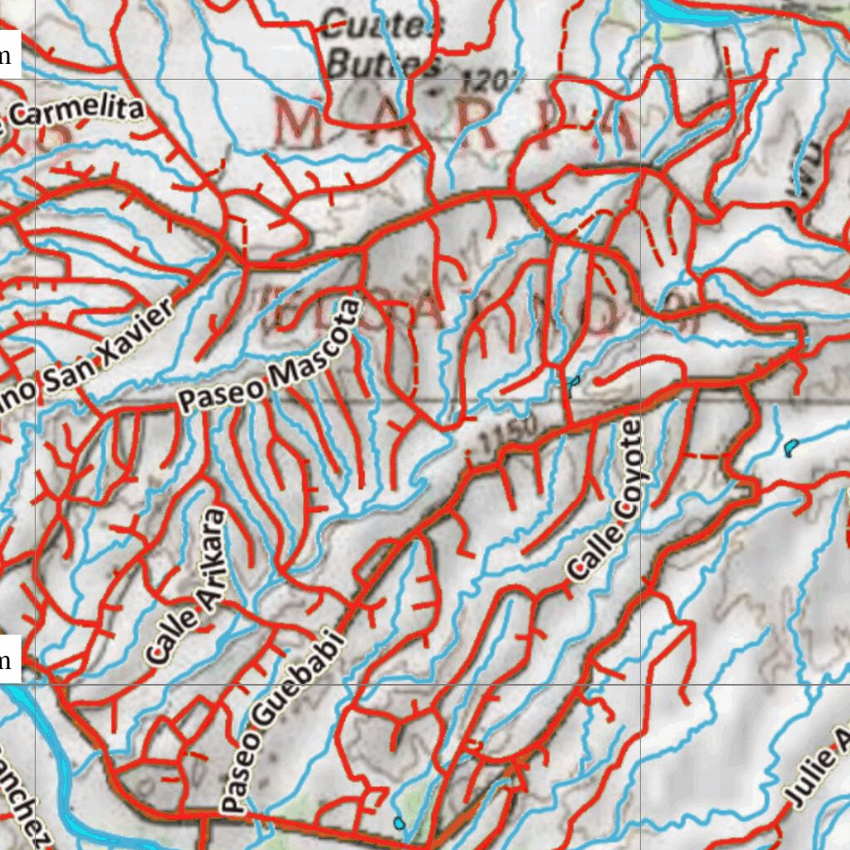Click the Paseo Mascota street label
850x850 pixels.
pyautogui.click(x=271, y=358)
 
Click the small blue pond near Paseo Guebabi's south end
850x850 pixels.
pyautogui.click(x=399, y=823)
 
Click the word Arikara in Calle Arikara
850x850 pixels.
pyautogui.click(x=208, y=548)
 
